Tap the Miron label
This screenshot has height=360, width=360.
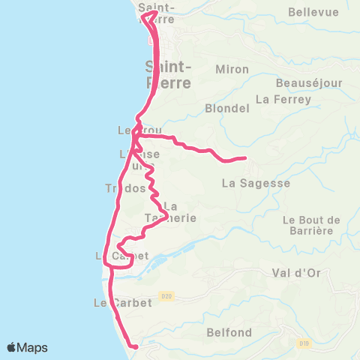coord(226,69)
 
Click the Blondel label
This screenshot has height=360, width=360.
coord(226,108)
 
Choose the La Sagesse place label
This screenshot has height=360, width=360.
coord(256,182)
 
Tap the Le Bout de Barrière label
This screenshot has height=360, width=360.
coord(312,225)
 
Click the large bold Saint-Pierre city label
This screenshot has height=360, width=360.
coord(169,75)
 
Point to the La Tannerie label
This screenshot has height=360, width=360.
coord(170,212)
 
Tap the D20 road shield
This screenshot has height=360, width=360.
coord(166,297)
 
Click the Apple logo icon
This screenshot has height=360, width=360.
coord(13,347)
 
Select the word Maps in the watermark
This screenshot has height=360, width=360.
coord(33,347)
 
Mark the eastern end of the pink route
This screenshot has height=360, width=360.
coord(245,157)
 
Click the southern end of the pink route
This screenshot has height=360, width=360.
coord(136,347)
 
